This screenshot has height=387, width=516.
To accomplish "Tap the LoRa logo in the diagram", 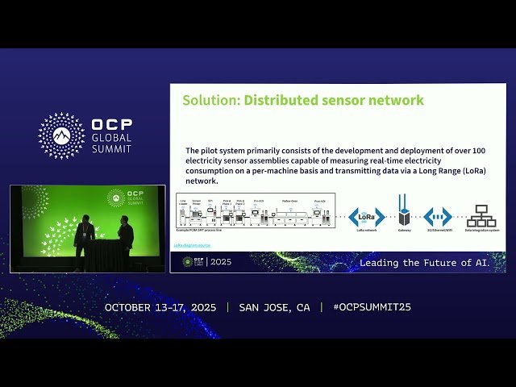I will tap(368, 216).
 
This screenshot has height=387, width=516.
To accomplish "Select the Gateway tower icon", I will tap(404, 213).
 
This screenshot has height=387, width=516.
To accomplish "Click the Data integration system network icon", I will tap(482, 216).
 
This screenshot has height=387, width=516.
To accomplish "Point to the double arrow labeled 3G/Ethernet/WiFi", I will tap(438, 216).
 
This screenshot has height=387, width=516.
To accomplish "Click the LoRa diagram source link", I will tap(193, 244).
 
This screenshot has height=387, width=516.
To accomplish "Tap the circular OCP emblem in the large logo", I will tap(61, 135).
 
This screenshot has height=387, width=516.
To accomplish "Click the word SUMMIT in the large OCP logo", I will tap(112, 149).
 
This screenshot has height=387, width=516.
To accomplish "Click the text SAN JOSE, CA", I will tap(274, 308).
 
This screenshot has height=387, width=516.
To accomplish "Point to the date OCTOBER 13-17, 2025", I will tap(161, 308).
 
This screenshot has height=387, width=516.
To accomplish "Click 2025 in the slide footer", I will tap(221, 262).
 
